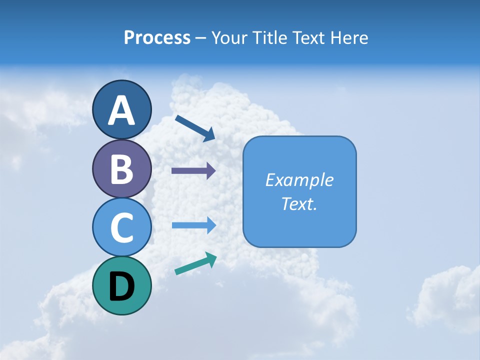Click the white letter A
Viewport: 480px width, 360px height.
coord(121,110)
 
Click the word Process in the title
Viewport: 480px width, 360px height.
coord(157,37)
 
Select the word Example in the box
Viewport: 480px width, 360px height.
coord(299,180)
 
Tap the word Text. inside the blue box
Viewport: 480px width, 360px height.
coord(299,203)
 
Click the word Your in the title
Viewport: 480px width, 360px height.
coord(229,37)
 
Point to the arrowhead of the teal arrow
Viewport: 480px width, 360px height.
coord(211,259)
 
